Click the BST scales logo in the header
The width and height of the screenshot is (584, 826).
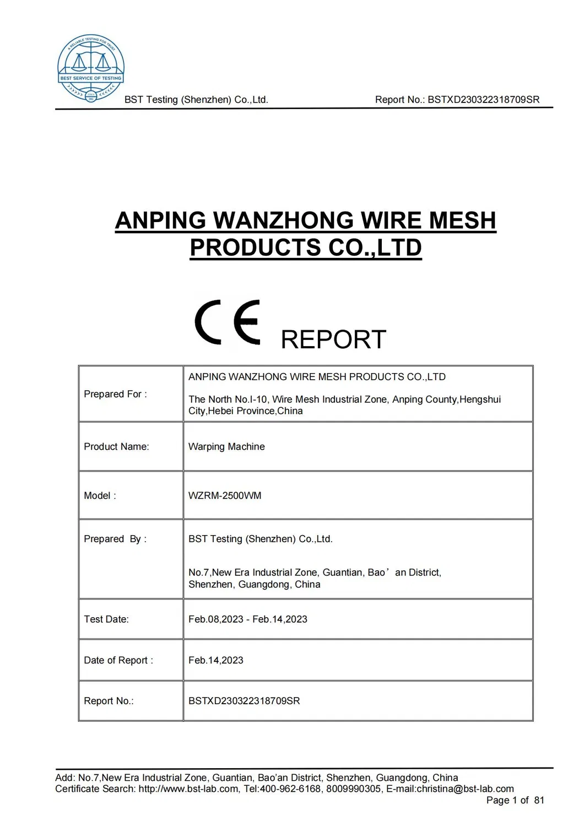(x=91, y=68)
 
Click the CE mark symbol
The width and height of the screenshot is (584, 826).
(x=227, y=323)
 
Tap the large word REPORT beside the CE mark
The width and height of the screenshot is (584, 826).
(x=333, y=339)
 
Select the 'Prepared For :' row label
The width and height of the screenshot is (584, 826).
(x=115, y=394)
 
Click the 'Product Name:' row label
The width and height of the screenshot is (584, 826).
(x=116, y=446)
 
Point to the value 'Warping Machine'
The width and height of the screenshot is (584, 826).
(x=226, y=446)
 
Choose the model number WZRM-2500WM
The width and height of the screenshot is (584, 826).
(x=225, y=495)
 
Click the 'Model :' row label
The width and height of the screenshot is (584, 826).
(x=100, y=495)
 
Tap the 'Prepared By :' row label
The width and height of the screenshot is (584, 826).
(x=115, y=539)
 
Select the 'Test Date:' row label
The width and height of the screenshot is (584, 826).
(x=106, y=619)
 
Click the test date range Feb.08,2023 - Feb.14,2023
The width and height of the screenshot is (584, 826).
(x=248, y=619)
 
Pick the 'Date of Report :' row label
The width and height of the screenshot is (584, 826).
(x=118, y=660)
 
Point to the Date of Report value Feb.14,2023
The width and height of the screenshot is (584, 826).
(x=216, y=660)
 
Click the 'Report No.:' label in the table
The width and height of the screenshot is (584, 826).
(x=109, y=701)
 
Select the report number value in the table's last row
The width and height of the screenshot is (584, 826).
(x=244, y=701)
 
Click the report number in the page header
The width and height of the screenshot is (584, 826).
(x=484, y=100)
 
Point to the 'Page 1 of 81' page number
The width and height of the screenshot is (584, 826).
(x=515, y=800)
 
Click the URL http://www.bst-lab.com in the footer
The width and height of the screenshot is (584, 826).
(x=189, y=789)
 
